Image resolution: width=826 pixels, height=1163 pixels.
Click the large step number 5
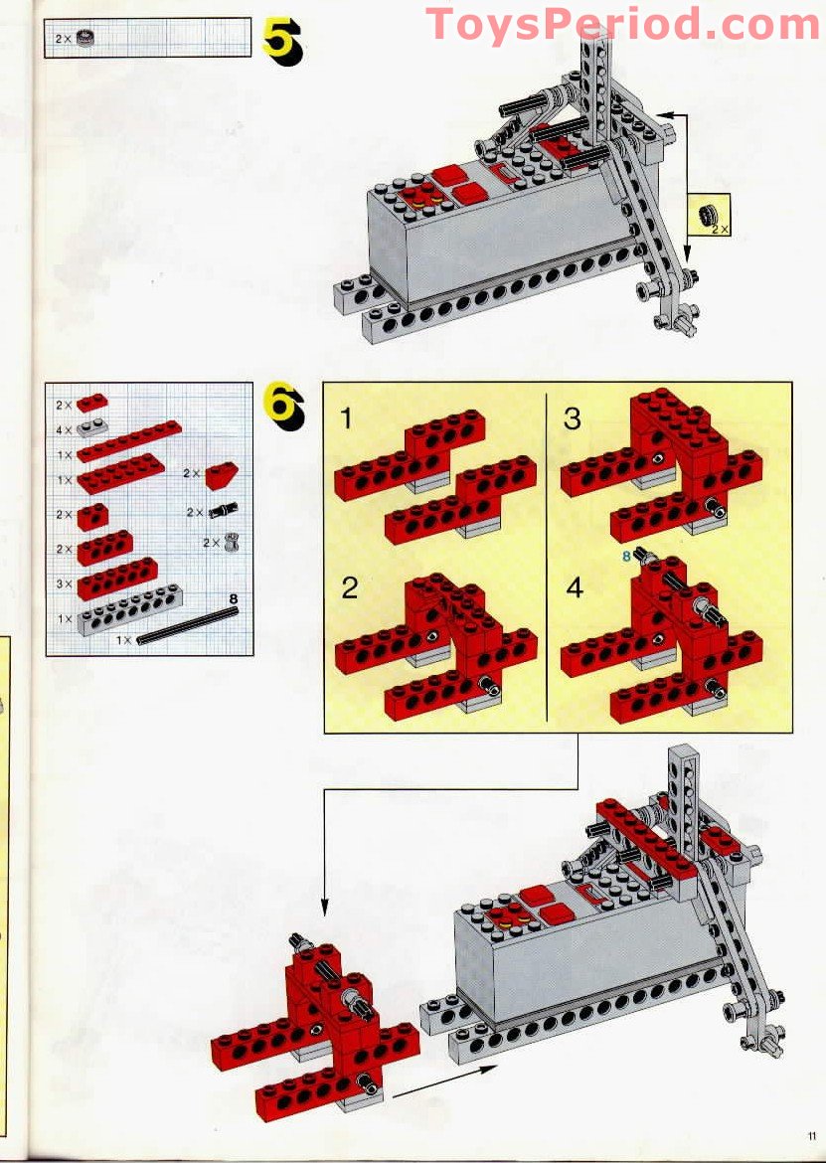tap(282, 41)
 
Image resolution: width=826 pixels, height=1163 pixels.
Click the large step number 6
tap(284, 406)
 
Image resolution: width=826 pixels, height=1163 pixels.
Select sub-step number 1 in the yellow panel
tap(346, 418)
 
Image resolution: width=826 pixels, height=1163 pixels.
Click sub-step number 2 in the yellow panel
tap(349, 588)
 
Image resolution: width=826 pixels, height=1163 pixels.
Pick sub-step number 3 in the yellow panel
tap(572, 418)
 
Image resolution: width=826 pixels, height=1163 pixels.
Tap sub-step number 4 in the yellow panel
tap(575, 587)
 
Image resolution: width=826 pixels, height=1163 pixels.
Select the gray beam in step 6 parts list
tap(130, 609)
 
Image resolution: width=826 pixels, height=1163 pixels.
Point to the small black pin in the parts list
tap(224, 510)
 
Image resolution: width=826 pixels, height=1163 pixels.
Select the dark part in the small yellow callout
tap(706, 215)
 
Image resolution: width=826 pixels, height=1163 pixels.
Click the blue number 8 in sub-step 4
tap(626, 554)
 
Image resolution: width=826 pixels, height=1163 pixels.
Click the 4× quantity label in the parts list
tap(64, 430)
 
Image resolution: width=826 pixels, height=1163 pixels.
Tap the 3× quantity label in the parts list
tap(64, 583)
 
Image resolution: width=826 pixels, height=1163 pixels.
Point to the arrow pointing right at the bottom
tap(444, 1080)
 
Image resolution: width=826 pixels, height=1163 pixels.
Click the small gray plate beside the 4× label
tap(91, 427)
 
